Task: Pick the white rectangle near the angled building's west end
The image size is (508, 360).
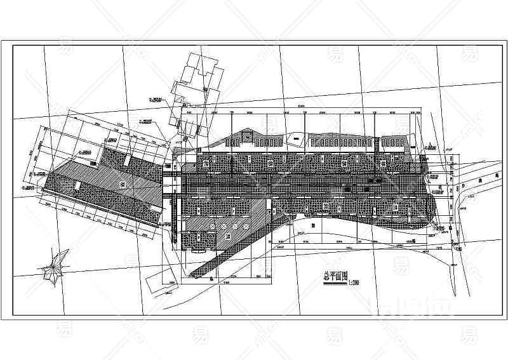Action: pyautogui.click(x=76, y=185)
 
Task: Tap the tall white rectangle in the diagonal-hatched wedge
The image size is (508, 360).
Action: pyautogui.click(x=269, y=207)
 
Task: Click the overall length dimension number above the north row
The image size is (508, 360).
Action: pyautogui.click(x=298, y=105)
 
